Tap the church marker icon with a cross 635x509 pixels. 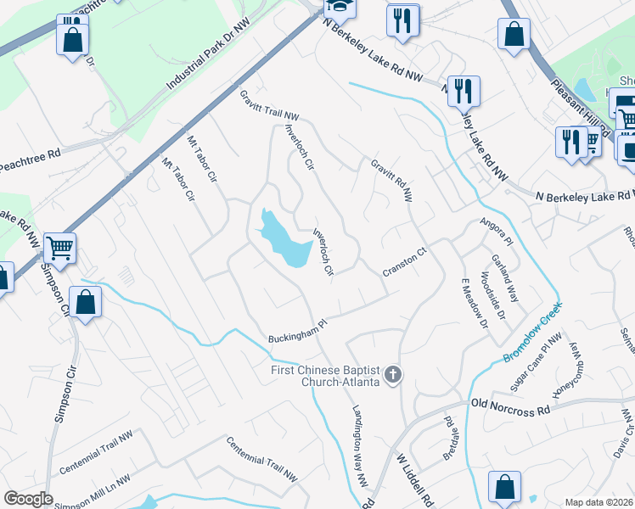point(392,373)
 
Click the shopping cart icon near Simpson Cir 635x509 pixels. point(60,247)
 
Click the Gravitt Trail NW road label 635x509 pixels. point(269,105)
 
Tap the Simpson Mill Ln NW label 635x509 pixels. point(92,492)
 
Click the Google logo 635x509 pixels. point(28,499)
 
